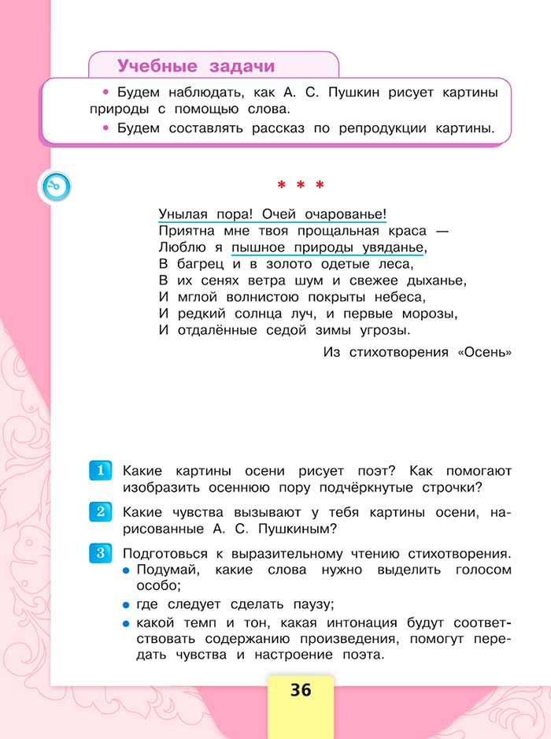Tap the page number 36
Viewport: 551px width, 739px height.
[x=301, y=691]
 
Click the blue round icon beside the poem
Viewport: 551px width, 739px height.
[x=56, y=187]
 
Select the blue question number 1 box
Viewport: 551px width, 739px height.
[x=101, y=471]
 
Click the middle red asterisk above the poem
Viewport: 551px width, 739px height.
[x=301, y=187]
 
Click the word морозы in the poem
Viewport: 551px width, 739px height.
[x=429, y=314]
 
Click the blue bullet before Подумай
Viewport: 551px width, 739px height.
[x=126, y=570]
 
